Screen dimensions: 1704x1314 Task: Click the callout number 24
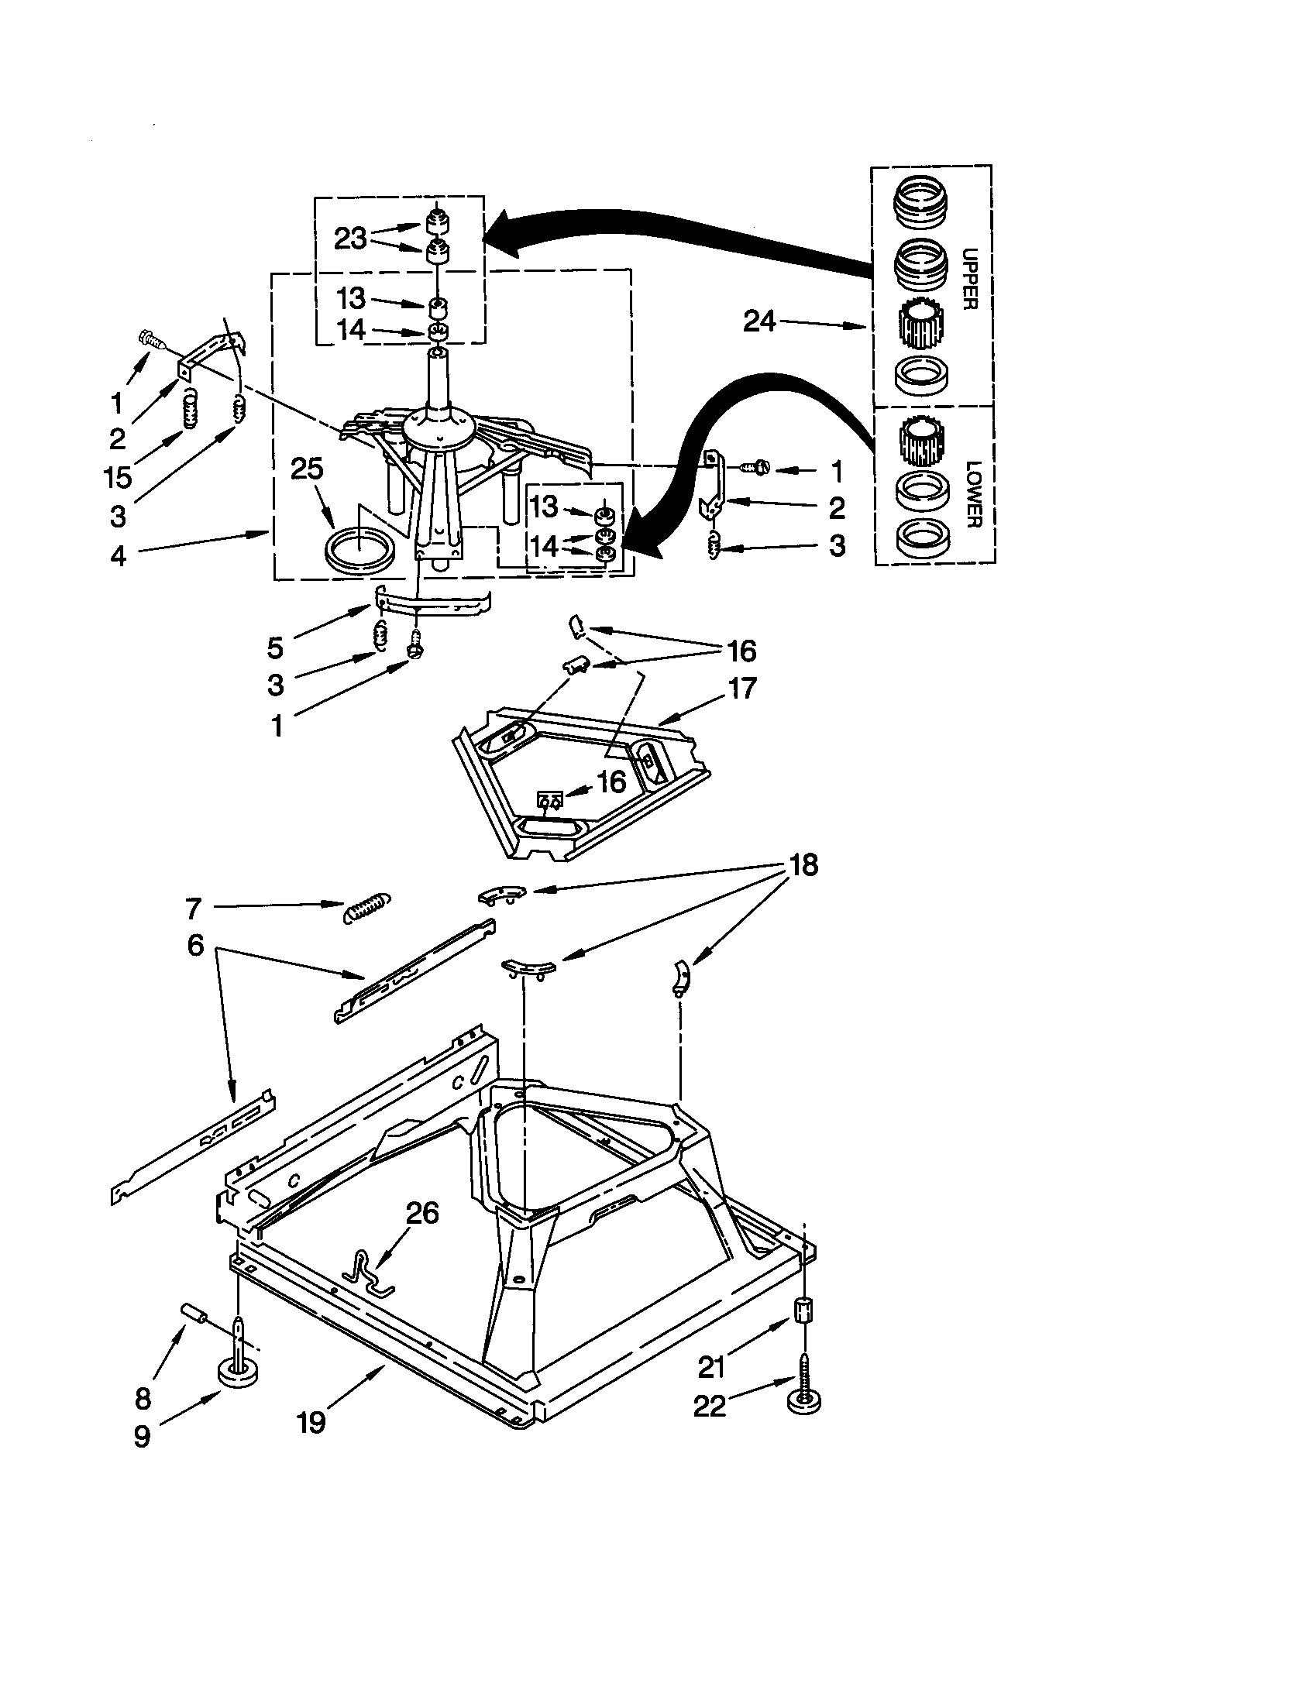(759, 321)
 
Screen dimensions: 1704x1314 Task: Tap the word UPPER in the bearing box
(969, 278)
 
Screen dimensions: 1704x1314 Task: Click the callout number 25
(307, 468)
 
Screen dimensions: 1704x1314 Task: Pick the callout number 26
(422, 1213)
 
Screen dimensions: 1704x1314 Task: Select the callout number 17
(741, 688)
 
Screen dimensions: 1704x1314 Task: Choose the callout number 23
(350, 239)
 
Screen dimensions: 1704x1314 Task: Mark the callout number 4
(118, 556)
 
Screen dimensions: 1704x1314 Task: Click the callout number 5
(275, 647)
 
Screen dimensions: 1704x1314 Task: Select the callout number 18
(803, 864)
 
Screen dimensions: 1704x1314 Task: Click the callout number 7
(194, 909)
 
